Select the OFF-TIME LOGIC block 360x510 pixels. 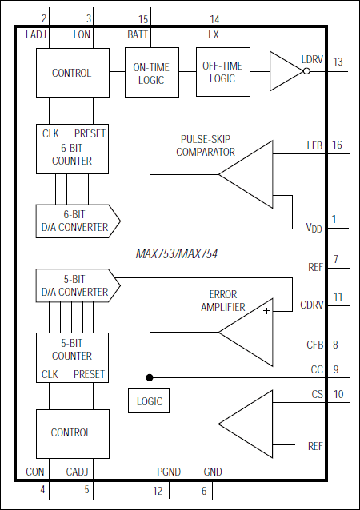point(223,73)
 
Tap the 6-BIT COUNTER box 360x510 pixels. point(71,148)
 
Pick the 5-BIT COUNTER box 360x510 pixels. point(71,357)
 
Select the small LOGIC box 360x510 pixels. point(148,400)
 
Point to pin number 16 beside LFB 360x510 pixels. point(337,145)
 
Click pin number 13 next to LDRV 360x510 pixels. point(338,62)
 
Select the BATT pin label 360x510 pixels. point(138,35)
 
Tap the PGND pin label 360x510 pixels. point(168,472)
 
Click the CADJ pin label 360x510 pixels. point(78,472)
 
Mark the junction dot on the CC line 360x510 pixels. point(148,377)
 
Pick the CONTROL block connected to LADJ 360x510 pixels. point(71,73)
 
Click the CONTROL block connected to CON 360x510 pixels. point(71,432)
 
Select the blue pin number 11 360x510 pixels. point(338,297)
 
